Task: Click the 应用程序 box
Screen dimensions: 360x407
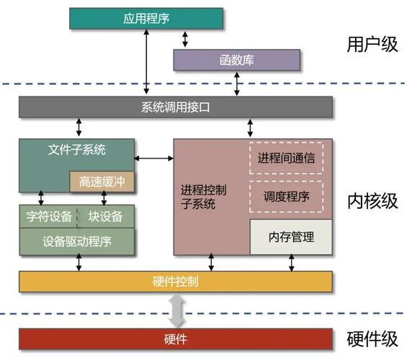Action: [146, 18]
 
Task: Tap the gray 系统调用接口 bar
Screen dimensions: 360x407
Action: [176, 107]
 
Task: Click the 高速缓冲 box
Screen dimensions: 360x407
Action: [102, 181]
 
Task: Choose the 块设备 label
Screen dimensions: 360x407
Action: [106, 216]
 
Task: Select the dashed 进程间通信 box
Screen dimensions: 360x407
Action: [286, 158]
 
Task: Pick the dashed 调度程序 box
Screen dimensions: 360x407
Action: [286, 197]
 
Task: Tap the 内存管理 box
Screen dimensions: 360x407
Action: [291, 236]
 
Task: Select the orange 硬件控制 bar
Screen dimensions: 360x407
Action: [176, 282]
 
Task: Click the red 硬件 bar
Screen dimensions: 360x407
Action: [176, 338]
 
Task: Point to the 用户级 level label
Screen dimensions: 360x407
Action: [372, 45]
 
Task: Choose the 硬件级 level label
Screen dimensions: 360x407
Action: [372, 338]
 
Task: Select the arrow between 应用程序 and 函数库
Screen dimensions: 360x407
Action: [185, 39]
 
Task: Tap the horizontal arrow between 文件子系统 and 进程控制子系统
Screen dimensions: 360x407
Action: [154, 157]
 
